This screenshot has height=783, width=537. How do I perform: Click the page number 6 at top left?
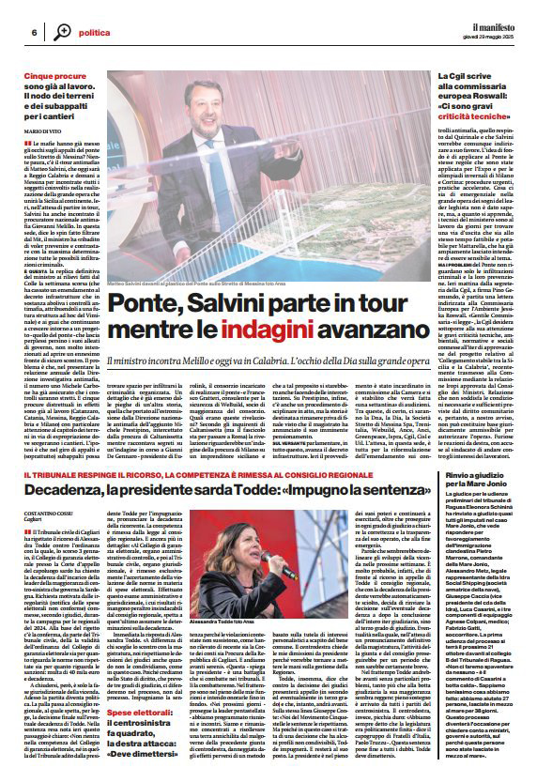click(x=34, y=32)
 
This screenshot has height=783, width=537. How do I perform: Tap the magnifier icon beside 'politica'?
click(x=61, y=31)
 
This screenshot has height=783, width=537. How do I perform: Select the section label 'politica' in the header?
click(x=94, y=32)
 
